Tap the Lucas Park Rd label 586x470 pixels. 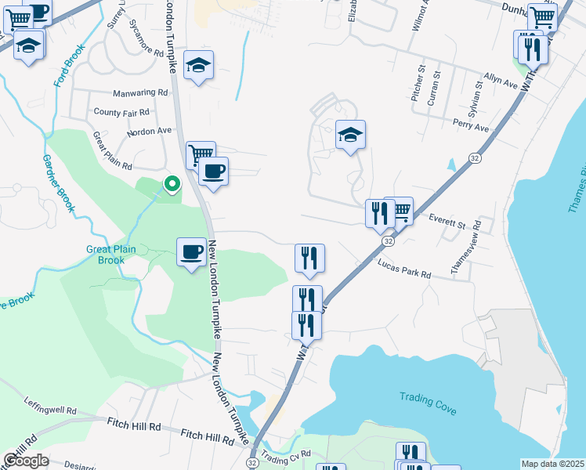tap(403, 270)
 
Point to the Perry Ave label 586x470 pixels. tap(471, 126)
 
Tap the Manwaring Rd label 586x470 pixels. tap(140, 92)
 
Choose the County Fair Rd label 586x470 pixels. tap(121, 113)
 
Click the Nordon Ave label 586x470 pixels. tap(148, 132)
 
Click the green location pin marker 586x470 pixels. tap(171, 184)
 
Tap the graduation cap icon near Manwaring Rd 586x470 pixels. tap(198, 66)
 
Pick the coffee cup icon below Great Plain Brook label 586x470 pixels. tap(192, 252)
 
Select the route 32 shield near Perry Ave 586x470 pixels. tap(475, 158)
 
